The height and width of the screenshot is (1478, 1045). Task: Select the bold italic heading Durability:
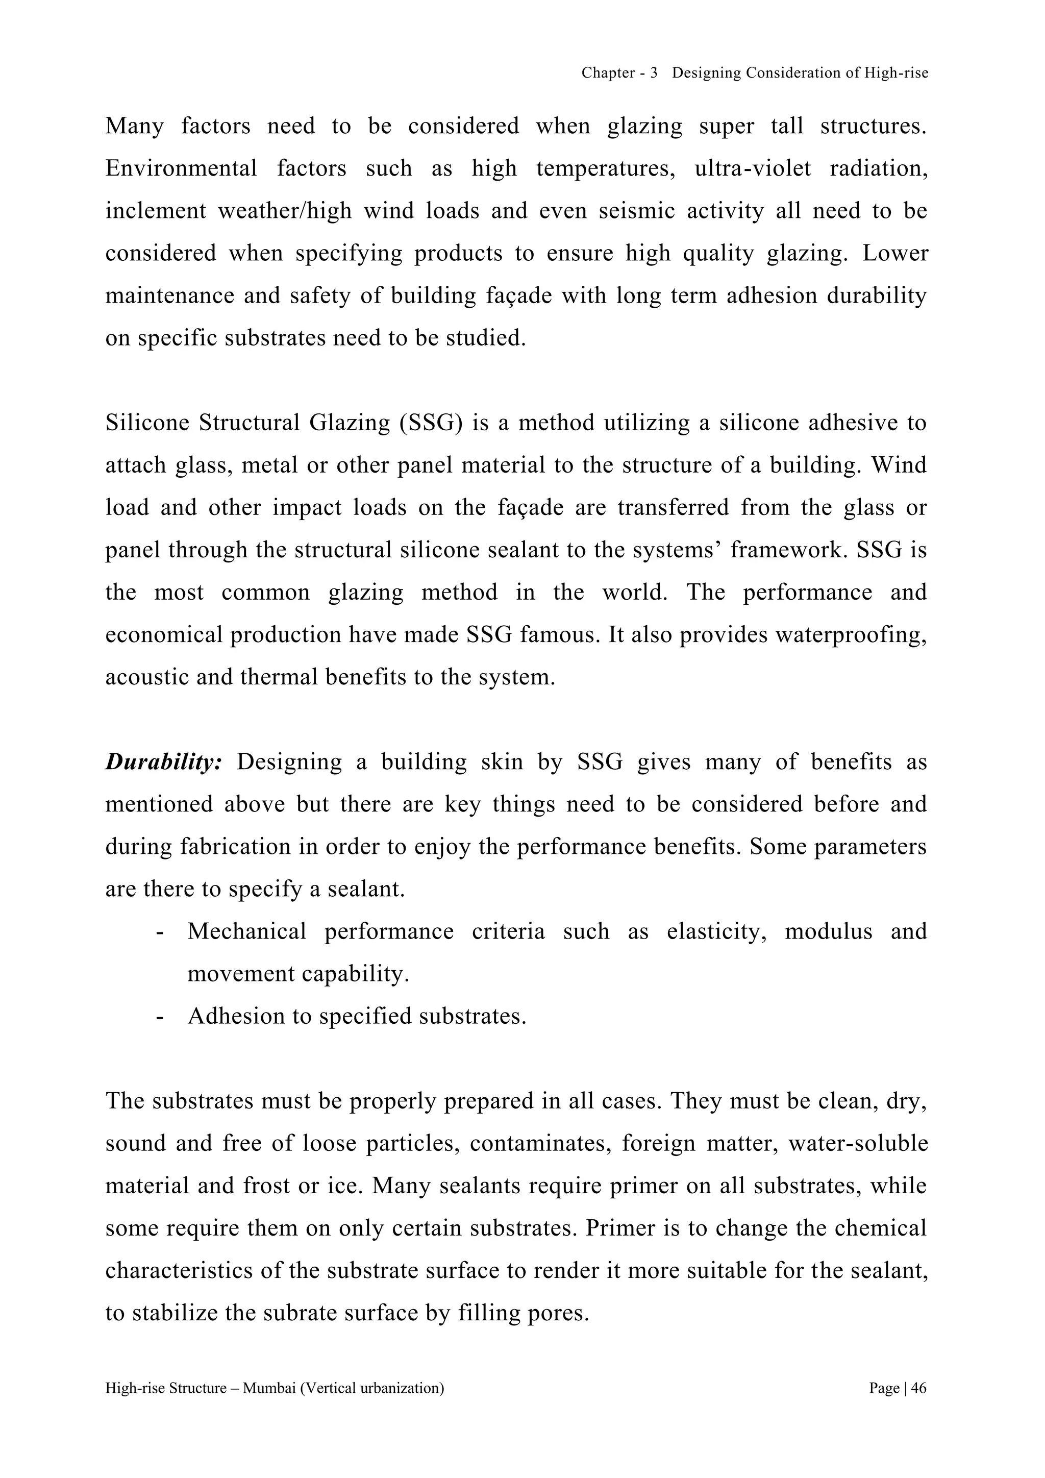click(x=163, y=761)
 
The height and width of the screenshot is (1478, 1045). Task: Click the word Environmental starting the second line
click(x=181, y=168)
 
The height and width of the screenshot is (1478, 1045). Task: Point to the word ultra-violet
click(x=753, y=168)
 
